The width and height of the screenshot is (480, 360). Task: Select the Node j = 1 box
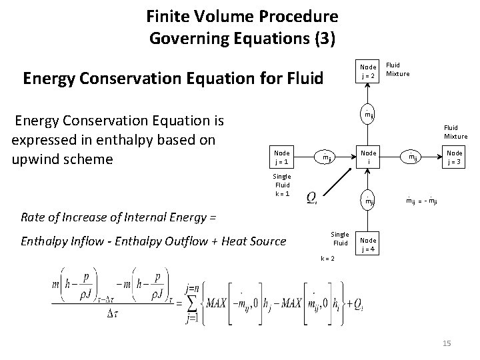point(282,157)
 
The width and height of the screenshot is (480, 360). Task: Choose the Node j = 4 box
point(368,243)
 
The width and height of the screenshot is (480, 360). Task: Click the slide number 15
point(447,343)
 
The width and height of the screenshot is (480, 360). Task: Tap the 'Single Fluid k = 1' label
point(282,185)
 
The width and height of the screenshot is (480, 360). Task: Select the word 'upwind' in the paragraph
point(38,161)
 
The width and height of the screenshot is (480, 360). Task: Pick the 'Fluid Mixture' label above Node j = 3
point(455,133)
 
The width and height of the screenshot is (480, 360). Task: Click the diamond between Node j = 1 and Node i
point(325,158)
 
